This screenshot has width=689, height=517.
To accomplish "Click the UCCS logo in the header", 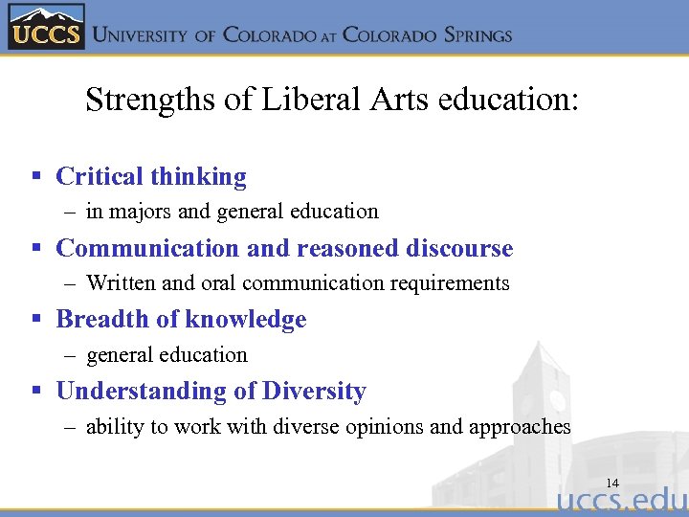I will click(46, 27).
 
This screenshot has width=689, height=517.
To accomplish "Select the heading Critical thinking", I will click(151, 177).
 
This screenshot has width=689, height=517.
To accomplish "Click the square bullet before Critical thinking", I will click(36, 177).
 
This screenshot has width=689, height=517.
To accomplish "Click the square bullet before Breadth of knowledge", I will click(36, 320).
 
